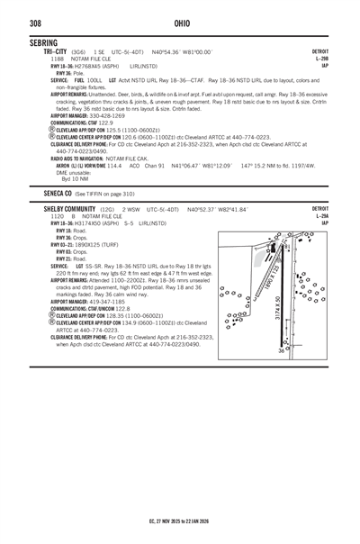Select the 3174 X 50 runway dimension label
click(278, 304)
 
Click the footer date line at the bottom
click(180, 520)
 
